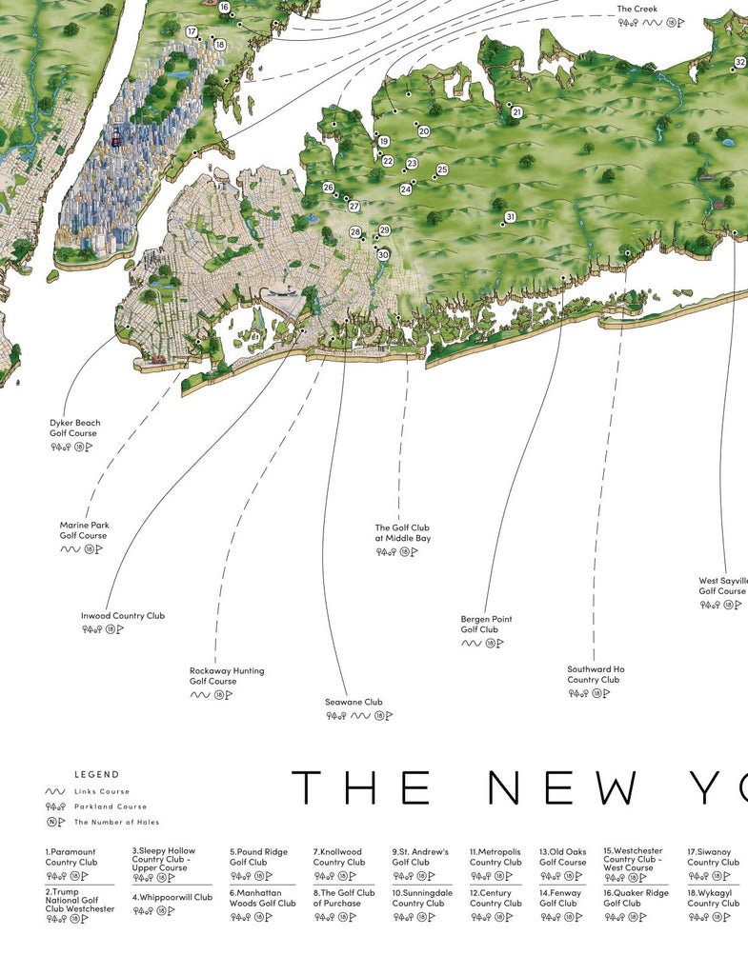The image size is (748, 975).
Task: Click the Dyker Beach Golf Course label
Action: (74, 428)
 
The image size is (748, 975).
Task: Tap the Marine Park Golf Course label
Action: (84, 530)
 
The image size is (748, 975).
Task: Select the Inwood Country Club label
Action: (122, 616)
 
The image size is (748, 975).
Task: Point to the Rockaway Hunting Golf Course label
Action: (227, 676)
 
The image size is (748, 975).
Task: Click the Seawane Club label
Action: (354, 703)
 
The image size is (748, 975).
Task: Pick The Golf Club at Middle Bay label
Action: (402, 533)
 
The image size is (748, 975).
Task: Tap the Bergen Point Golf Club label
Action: (486, 625)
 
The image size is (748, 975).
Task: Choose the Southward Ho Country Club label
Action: (596, 674)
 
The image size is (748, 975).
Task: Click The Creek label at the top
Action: (637, 10)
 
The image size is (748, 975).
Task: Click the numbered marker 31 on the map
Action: (510, 217)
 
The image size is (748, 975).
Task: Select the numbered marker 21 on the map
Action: (516, 112)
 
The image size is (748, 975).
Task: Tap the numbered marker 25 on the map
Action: (442, 170)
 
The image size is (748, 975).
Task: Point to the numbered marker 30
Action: (383, 255)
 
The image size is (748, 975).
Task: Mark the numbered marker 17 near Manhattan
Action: (192, 31)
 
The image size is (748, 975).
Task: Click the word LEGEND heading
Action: (97, 775)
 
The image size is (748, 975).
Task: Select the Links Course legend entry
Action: (102, 791)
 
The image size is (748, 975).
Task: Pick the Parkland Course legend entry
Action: (111, 806)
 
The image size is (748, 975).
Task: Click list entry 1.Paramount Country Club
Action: (71, 857)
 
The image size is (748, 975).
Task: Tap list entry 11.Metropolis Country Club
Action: (495, 857)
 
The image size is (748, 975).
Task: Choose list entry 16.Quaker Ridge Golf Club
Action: (636, 898)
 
